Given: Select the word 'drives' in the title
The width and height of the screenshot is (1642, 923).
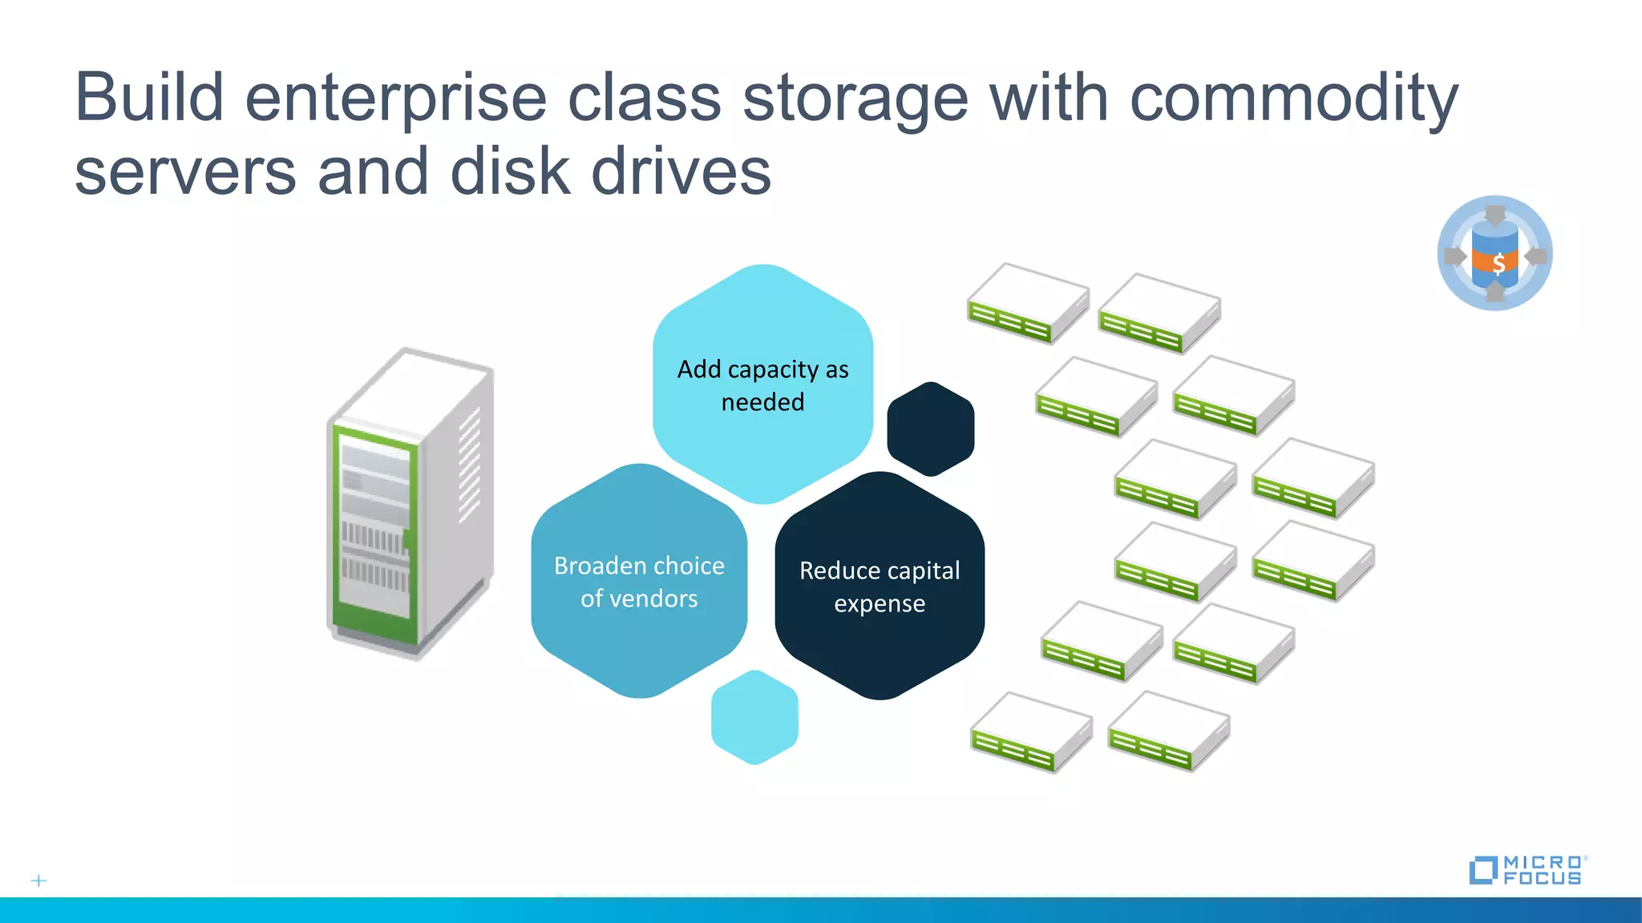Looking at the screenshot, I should (681, 172).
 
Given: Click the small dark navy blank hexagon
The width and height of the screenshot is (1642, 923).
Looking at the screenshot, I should (930, 429).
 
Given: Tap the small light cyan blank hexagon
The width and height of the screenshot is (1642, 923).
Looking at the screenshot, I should (754, 717).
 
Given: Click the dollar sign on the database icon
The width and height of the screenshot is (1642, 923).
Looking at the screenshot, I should (1498, 263).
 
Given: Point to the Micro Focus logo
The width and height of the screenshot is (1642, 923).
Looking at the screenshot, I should (1528, 869).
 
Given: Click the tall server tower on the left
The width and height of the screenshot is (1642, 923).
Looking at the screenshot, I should (409, 505).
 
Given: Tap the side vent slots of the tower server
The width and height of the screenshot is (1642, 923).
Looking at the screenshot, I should (469, 465).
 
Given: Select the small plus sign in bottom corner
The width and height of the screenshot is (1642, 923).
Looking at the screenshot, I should (38, 881).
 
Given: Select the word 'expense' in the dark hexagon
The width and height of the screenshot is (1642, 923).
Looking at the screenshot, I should (880, 603).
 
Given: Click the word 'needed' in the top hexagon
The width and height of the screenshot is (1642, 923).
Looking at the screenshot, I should (762, 401).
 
